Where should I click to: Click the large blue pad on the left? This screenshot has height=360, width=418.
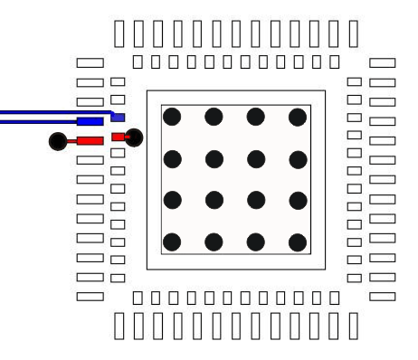tap(90, 121)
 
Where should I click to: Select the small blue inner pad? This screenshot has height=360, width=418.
tap(118, 117)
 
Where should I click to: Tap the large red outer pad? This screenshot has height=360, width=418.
tap(90, 140)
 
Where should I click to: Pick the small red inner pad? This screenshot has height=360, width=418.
tap(118, 137)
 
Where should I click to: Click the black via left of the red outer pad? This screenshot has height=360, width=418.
tap(58, 140)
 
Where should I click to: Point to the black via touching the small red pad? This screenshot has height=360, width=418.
tap(135, 137)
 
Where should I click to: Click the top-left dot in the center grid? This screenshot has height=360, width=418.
tap(172, 116)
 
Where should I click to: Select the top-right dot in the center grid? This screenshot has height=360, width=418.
tap(298, 116)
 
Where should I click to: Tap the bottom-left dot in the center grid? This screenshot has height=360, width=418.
tap(172, 242)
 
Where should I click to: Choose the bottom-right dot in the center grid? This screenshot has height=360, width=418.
tap(298, 242)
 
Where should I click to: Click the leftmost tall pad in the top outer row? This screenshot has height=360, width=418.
tap(121, 32)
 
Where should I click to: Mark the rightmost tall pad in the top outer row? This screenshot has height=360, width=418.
tap(353, 32)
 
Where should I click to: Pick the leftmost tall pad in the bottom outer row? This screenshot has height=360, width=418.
tap(121, 325)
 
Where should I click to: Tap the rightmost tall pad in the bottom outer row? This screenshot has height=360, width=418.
tap(353, 325)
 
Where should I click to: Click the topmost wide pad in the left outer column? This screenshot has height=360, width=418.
tap(90, 63)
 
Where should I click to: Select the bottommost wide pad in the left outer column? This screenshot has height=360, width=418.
tap(90, 296)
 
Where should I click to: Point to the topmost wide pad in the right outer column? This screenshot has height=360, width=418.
tap(383, 63)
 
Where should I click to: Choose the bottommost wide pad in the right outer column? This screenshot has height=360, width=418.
tap(383, 296)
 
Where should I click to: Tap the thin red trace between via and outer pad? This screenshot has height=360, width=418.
tap(71, 141)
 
